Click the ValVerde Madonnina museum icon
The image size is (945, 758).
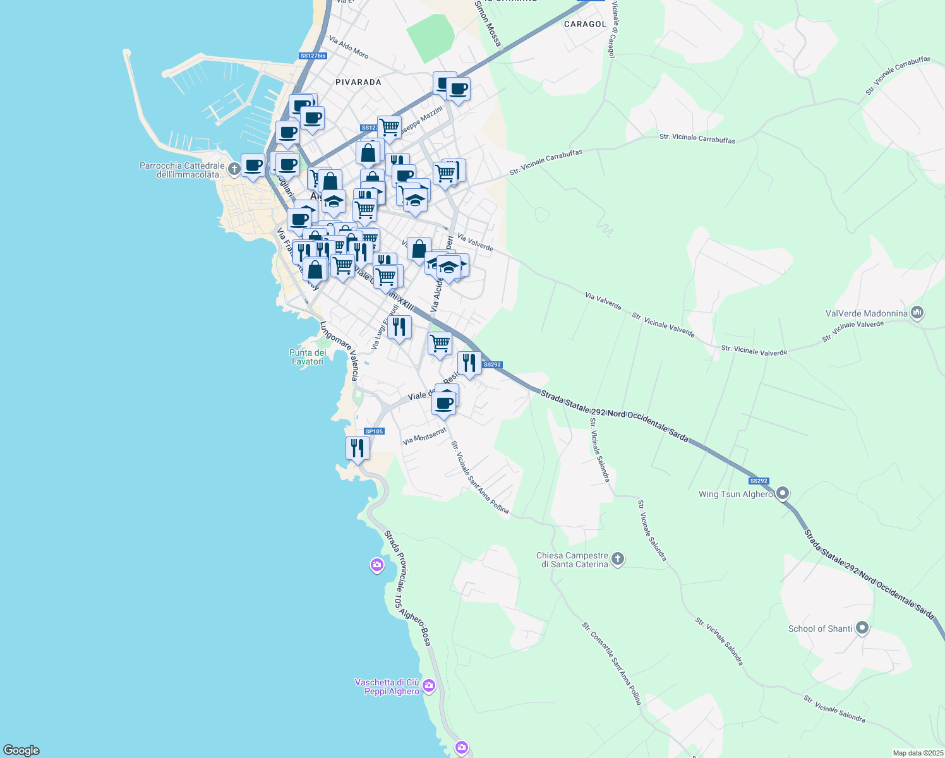[918, 313]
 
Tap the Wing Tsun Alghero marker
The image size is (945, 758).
[783, 493]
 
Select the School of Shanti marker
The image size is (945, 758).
[862, 628]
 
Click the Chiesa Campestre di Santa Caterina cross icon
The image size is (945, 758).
[618, 558]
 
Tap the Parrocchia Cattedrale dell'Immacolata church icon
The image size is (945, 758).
[234, 169]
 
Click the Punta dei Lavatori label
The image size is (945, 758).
[308, 357]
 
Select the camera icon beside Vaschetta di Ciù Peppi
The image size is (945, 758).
[429, 686]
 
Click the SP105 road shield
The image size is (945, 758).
[374, 431]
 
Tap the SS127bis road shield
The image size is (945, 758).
[313, 56]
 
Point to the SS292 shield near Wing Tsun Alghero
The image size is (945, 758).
[759, 481]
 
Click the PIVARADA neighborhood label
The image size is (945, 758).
[358, 82]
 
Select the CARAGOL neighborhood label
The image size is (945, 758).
[585, 24]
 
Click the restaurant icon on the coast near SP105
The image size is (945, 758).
[358, 448]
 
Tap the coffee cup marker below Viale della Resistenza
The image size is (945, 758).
[444, 403]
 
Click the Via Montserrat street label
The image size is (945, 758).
[424, 436]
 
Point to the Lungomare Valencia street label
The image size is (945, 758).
[339, 351]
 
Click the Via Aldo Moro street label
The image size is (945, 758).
[349, 48]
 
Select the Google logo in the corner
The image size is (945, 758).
[21, 750]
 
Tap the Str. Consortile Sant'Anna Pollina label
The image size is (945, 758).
[611, 663]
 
